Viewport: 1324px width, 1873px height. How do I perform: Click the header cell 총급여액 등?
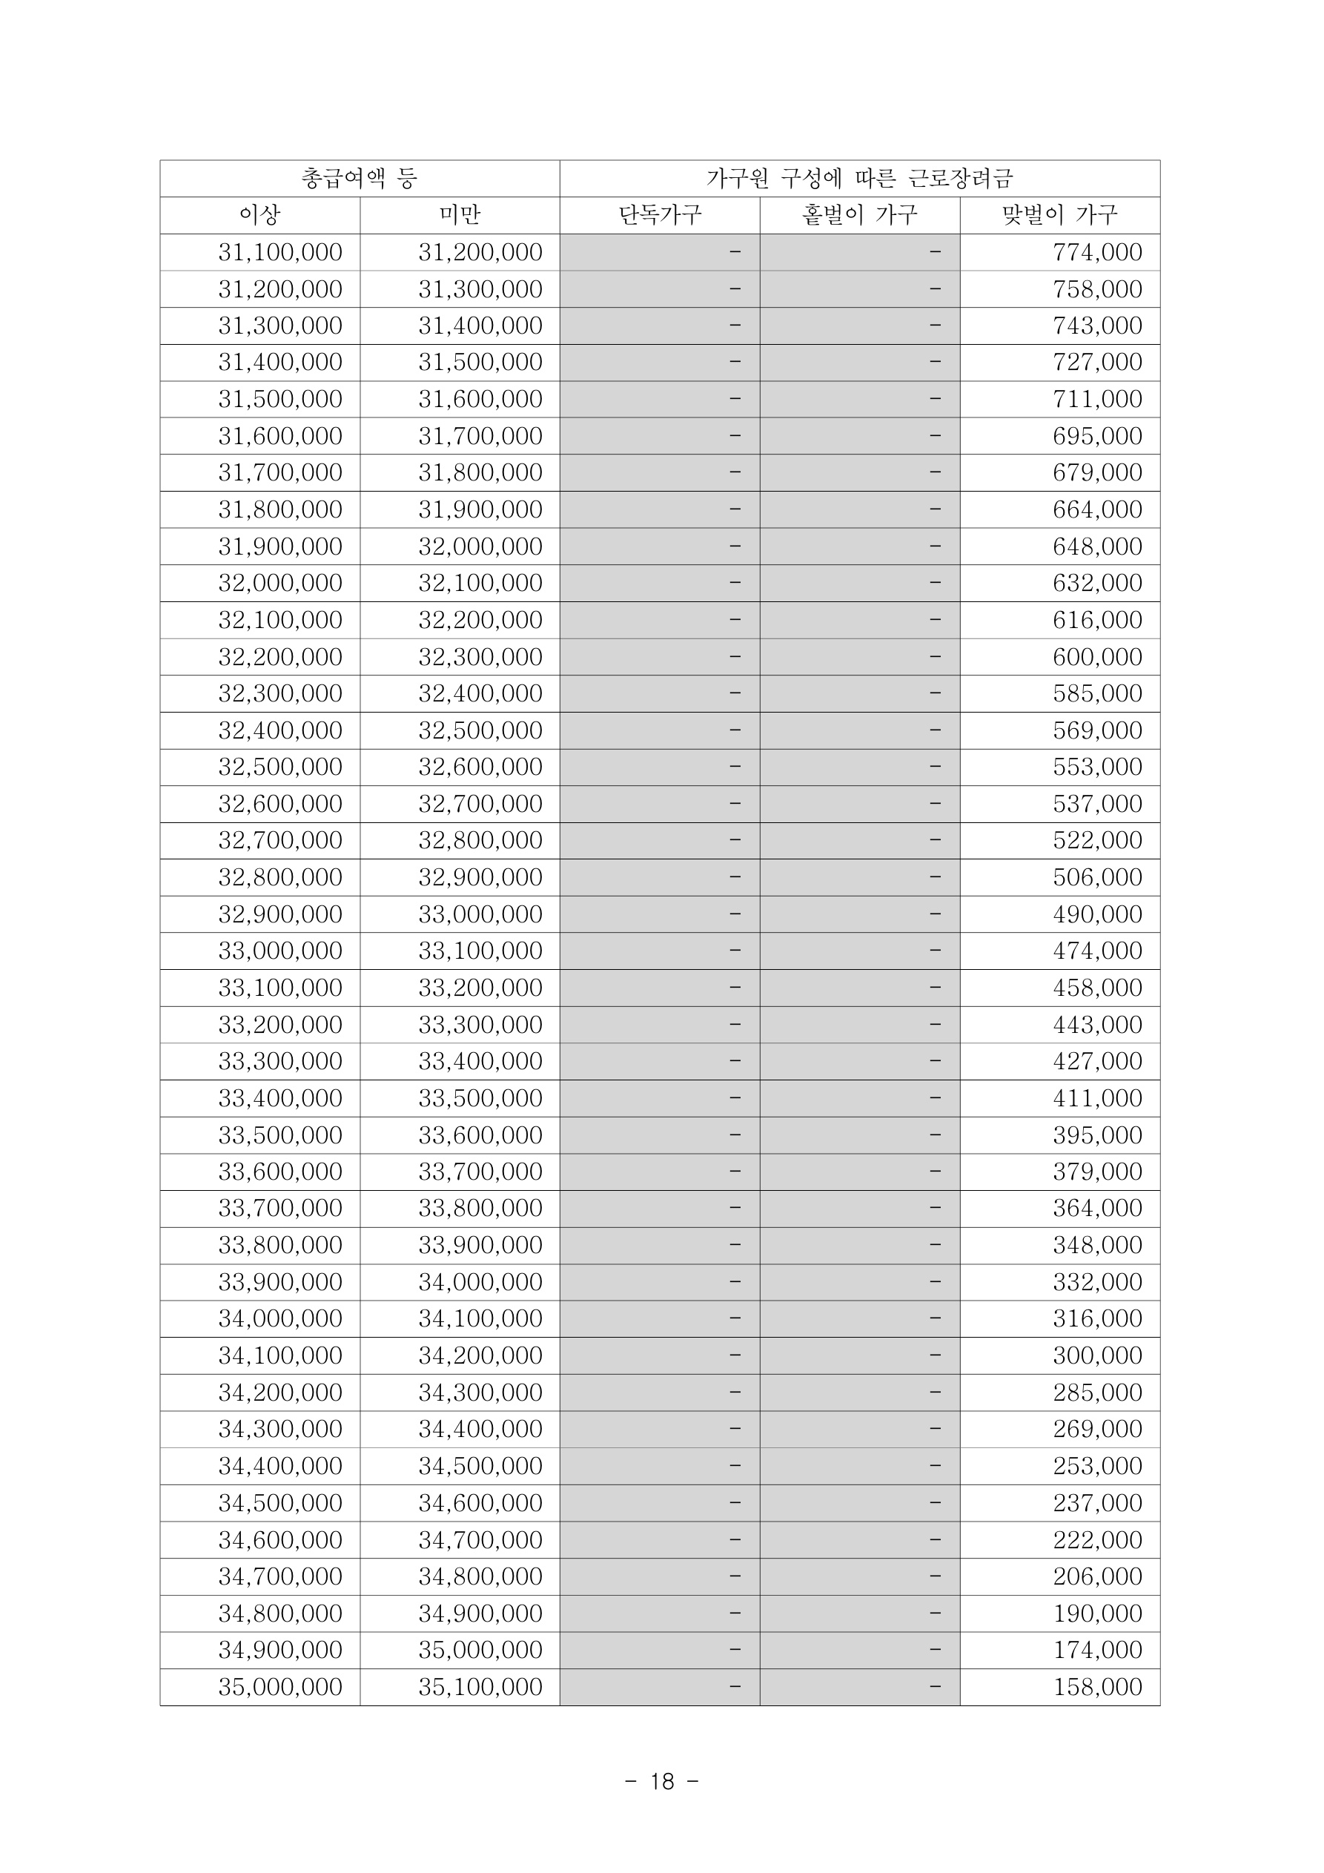click(359, 179)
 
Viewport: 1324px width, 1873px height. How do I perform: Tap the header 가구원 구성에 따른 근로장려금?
click(859, 179)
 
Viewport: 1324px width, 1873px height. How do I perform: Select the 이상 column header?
click(259, 215)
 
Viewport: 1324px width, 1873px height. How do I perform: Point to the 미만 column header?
click(460, 215)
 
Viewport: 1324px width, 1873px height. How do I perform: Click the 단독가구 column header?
click(659, 215)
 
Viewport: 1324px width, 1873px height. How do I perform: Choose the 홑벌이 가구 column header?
click(859, 215)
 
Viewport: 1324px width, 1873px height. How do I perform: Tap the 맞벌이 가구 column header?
click(1059, 215)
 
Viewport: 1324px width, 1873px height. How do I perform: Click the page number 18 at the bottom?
click(661, 1782)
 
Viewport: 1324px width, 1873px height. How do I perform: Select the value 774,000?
click(1096, 252)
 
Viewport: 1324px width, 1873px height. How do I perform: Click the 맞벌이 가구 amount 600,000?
click(1096, 657)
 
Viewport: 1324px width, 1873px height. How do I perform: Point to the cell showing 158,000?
click(1096, 1686)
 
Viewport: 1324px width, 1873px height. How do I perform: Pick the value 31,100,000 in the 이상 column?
click(279, 252)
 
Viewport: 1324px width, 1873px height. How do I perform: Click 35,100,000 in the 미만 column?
click(480, 1686)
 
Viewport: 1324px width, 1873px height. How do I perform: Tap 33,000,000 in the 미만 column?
click(480, 914)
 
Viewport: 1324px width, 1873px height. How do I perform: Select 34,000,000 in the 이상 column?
click(279, 1318)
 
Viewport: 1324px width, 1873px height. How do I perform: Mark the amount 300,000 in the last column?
click(1096, 1355)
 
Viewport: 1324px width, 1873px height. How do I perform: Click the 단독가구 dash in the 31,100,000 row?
click(734, 252)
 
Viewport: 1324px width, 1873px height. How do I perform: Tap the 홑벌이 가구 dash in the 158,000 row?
click(934, 1686)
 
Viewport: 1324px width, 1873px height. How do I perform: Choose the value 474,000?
click(1096, 951)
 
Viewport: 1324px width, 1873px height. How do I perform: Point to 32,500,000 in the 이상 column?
click(279, 767)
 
